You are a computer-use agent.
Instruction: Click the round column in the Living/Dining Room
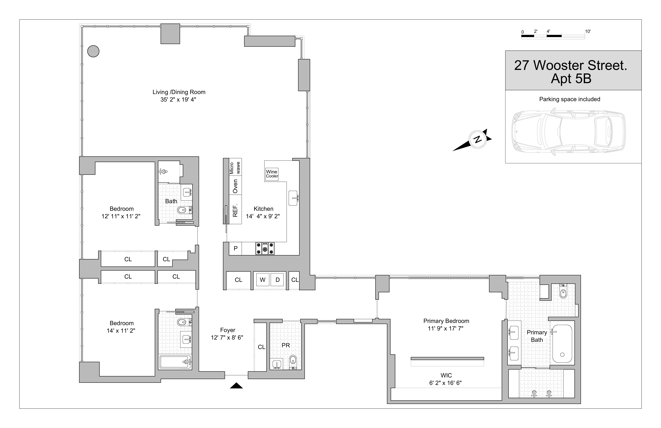[x=93, y=51]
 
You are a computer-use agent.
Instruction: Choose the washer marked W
[x=262, y=280]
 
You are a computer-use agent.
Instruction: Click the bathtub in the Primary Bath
[x=562, y=344]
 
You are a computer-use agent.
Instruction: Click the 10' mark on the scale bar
[x=588, y=31]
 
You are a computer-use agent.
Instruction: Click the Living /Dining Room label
[x=179, y=92]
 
